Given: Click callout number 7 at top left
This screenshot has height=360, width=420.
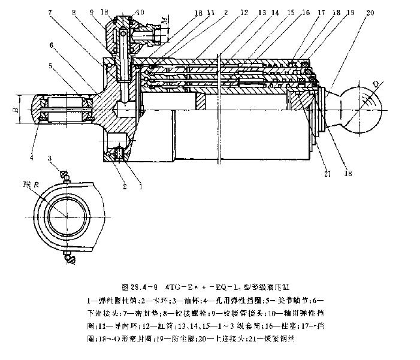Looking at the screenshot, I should (x=52, y=12).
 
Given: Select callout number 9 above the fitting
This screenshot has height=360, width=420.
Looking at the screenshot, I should (x=90, y=12).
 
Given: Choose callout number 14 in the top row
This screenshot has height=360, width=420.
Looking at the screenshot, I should (x=274, y=12).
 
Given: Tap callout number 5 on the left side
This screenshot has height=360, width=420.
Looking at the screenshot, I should (x=51, y=65).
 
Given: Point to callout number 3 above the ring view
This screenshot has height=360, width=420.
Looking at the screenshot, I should (x=51, y=158).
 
